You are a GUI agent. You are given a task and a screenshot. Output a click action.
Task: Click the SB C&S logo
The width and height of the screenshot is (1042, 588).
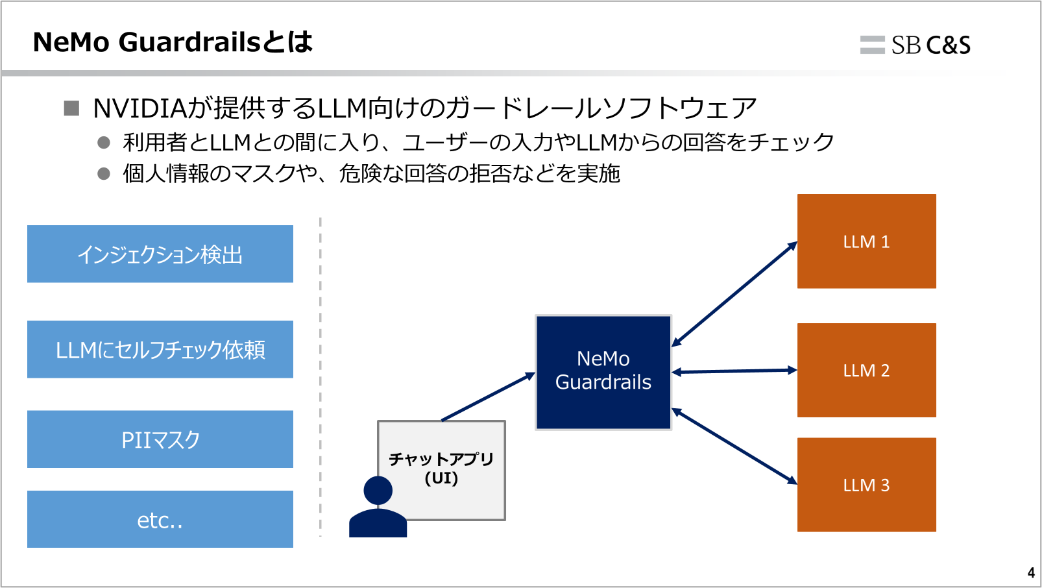tap(915, 45)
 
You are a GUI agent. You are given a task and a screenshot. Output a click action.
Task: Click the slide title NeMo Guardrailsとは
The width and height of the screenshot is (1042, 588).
tap(173, 42)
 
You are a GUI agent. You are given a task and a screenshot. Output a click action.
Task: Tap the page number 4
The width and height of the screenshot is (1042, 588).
tap(1031, 573)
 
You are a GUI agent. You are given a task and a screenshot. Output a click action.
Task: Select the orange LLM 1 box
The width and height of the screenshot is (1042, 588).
tap(866, 241)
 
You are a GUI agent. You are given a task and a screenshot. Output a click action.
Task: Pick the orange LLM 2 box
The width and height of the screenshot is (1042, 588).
tap(866, 370)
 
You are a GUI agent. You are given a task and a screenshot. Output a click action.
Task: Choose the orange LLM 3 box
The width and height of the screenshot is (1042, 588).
tap(866, 485)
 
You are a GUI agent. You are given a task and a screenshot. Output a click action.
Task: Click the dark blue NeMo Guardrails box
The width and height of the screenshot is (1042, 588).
tap(603, 372)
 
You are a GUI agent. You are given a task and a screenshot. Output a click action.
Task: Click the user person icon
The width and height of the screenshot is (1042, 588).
tap(378, 508)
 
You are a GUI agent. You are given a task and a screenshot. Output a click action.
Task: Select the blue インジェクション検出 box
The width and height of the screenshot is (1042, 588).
tap(160, 254)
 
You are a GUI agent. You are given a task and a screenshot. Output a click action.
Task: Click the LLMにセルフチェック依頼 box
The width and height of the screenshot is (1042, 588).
tap(160, 349)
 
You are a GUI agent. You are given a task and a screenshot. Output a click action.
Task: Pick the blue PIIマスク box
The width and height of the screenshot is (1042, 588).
tap(160, 439)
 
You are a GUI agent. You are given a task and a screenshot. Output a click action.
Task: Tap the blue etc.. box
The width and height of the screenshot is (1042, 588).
tap(160, 519)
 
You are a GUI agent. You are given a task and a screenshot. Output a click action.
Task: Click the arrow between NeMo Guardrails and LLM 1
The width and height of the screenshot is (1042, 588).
tap(734, 294)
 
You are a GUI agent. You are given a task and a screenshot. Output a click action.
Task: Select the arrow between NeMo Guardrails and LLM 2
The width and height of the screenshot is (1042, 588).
tap(734, 371)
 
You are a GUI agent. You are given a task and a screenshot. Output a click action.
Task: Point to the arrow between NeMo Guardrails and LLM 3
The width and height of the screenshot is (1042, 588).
tap(734, 446)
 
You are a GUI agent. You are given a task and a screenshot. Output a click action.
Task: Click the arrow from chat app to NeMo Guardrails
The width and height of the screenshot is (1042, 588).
tap(488, 397)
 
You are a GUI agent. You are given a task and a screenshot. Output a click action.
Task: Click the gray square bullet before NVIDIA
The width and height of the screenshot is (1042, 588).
tap(71, 108)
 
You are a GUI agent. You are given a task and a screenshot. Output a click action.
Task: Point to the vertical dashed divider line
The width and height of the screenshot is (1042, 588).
tap(321, 376)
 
